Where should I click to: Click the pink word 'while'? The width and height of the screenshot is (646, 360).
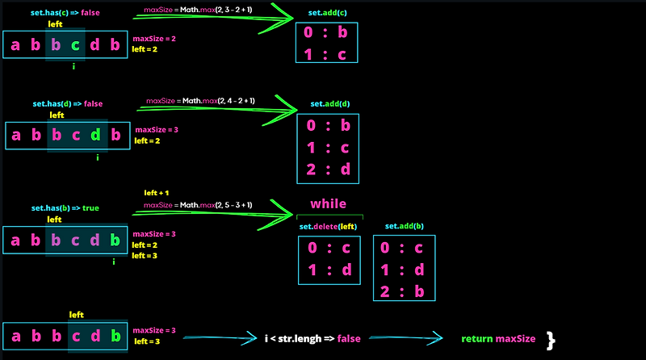tap(329, 203)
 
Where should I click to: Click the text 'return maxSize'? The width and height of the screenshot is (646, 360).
tap(497, 337)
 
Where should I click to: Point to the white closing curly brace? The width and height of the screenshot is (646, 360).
tap(552, 339)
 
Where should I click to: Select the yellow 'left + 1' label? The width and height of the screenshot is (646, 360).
tap(157, 193)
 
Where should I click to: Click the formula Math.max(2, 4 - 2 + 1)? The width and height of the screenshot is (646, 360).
tap(200, 101)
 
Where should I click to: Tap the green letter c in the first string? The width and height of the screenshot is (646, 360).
tap(74, 45)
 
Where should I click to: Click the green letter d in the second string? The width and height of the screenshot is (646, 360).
tap(96, 135)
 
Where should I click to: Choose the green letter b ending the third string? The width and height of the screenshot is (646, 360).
tap(114, 240)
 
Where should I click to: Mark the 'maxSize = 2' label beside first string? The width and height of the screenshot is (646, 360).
tap(154, 39)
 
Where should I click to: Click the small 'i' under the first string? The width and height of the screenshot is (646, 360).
tap(74, 66)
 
